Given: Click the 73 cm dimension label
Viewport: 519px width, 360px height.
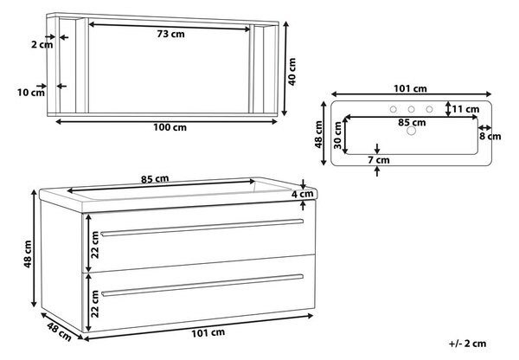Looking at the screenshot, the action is tap(170, 34).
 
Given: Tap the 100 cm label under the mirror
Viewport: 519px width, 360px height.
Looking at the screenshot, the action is tap(170, 127).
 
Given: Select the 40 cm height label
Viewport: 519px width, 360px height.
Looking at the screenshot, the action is tap(292, 72).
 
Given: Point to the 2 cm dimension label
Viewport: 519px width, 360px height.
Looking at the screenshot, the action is tap(42, 44).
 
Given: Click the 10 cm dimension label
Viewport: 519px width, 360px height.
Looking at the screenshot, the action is tap(31, 93).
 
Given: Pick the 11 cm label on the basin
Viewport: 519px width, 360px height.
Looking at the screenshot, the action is tap(465, 109).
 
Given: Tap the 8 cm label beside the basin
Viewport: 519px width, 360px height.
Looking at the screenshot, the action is tap(490, 137).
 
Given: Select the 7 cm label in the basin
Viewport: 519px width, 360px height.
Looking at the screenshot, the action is tap(379, 160).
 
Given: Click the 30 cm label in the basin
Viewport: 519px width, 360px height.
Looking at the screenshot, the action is tap(337, 135).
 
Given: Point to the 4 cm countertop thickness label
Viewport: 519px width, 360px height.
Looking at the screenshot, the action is tap(302, 194).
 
